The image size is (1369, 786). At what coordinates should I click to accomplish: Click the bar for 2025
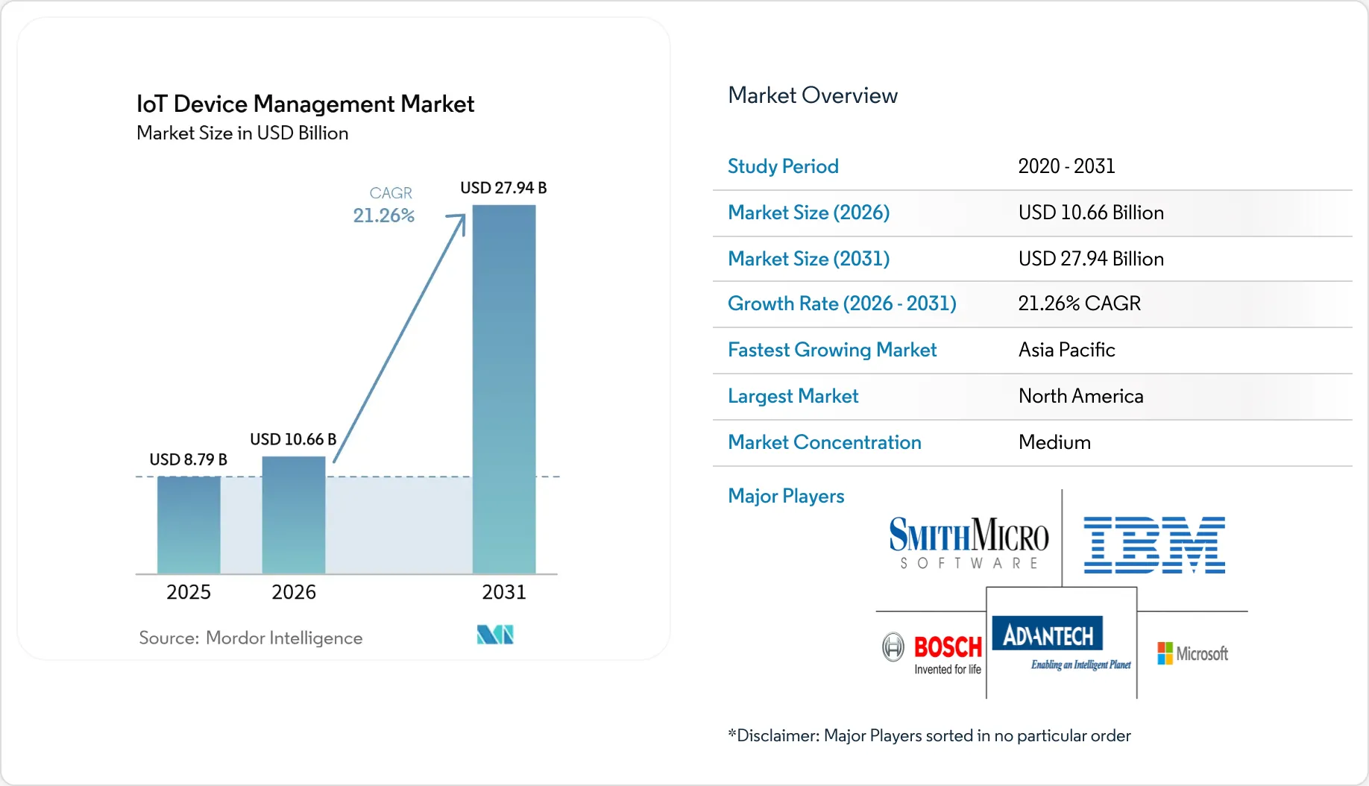(189, 525)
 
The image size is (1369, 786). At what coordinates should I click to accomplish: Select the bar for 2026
(294, 515)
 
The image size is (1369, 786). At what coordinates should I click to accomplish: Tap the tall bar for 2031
(504, 389)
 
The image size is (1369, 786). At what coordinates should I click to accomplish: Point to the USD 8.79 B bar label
(189, 459)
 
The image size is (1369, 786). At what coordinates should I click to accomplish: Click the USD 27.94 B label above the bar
(503, 188)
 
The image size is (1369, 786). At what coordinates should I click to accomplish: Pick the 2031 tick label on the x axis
(504, 592)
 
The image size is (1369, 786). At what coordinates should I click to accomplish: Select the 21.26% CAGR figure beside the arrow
(383, 216)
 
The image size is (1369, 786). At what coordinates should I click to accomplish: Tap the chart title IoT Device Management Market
(305, 104)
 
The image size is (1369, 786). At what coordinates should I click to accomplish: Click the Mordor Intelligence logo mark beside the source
(495, 635)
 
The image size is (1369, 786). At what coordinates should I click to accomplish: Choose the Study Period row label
(783, 166)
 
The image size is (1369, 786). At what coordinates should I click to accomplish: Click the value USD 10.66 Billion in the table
(1091, 213)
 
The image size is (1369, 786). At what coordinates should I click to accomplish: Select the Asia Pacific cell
(1067, 350)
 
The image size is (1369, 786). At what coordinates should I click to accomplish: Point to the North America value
(1081, 396)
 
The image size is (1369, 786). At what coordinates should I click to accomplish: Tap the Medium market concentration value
(1054, 442)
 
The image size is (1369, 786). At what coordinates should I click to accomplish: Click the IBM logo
(1154, 544)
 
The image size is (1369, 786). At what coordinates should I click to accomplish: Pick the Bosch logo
(932, 653)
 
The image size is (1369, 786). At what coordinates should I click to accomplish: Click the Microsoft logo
(1192, 654)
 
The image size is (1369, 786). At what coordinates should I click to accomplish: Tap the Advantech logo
(1062, 644)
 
